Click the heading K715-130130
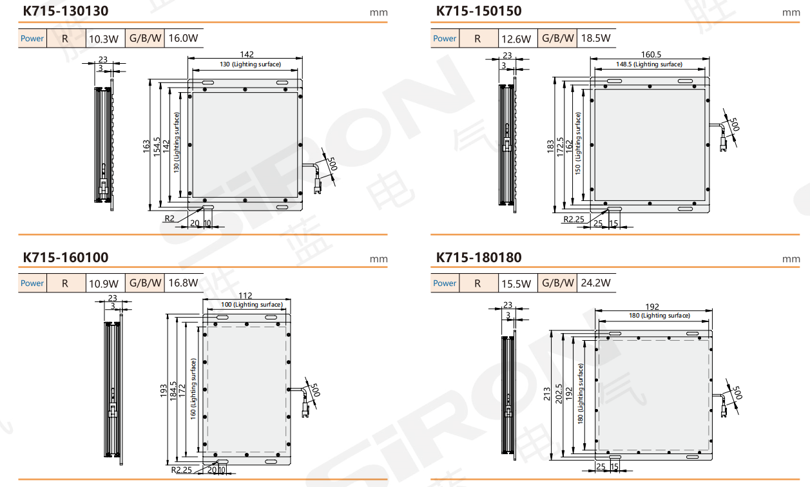tap(66, 11)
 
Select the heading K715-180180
tap(479, 258)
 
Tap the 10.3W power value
tap(103, 39)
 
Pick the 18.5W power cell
tap(595, 38)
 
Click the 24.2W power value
tap(595, 283)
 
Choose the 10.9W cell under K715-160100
tap(103, 283)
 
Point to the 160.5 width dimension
tap(651, 54)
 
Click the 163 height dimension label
tap(146, 146)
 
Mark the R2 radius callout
tap(169, 218)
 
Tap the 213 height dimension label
tap(546, 394)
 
